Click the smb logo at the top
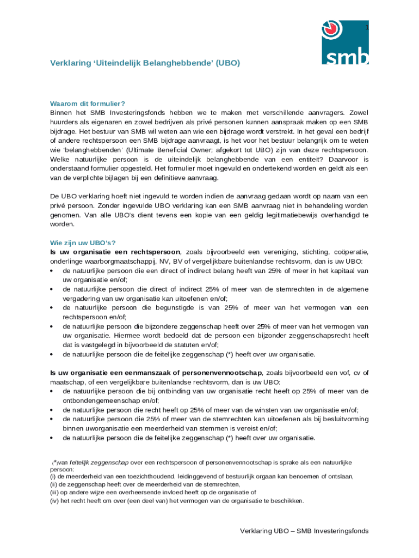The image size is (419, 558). pyautogui.click(x=346, y=42)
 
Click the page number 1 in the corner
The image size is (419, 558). pyautogui.click(x=367, y=27)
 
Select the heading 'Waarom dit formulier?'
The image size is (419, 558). pyautogui.click(x=88, y=104)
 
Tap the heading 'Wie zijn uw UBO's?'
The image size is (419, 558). pyautogui.click(x=83, y=242)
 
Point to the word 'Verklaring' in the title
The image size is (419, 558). pyautogui.click(x=69, y=63)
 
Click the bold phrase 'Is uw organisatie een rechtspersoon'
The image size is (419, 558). pyautogui.click(x=115, y=252)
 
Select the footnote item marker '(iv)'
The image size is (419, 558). pyautogui.click(x=54, y=501)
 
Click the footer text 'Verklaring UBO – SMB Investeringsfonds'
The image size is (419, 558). pyautogui.click(x=304, y=531)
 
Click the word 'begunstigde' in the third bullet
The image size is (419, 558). pyautogui.click(x=155, y=307)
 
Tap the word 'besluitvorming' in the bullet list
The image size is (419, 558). pyautogui.click(x=341, y=419)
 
